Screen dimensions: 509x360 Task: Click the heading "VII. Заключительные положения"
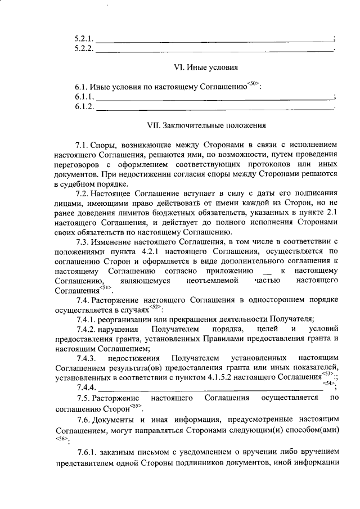206,125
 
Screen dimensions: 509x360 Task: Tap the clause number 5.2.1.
84,39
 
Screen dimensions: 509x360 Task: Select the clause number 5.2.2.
84,49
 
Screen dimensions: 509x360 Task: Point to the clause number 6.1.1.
84,97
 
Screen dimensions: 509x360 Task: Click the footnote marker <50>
254,84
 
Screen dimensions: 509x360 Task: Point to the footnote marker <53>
328,373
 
